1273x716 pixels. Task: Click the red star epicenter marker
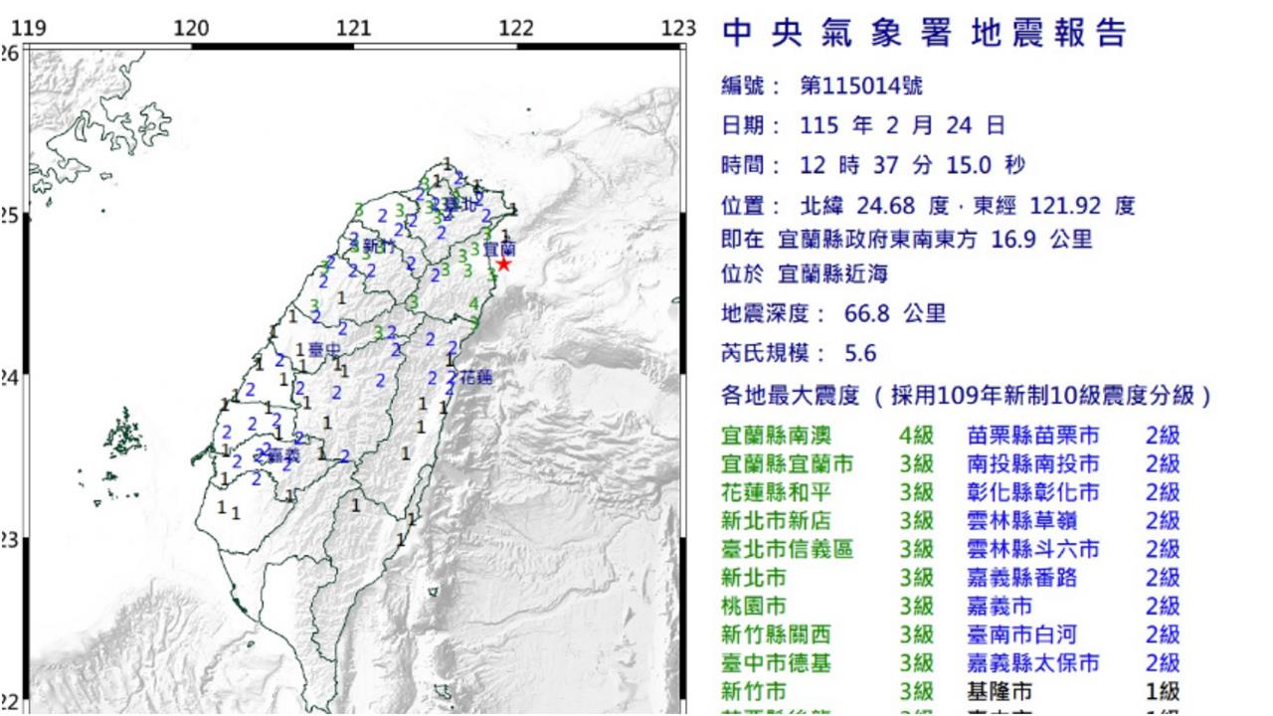503,264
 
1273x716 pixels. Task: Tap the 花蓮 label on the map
475,377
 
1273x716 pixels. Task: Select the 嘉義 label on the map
284,455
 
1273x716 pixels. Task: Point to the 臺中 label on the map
322,349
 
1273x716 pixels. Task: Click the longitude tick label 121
354,29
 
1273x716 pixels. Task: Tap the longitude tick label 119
30,29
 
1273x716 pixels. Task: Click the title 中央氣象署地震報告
924,35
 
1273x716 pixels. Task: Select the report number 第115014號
861,87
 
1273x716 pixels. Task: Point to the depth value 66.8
849,315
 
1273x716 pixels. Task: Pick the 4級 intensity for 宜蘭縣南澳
916,436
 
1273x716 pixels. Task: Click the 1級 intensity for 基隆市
1162,691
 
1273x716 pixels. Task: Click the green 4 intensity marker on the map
474,303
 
